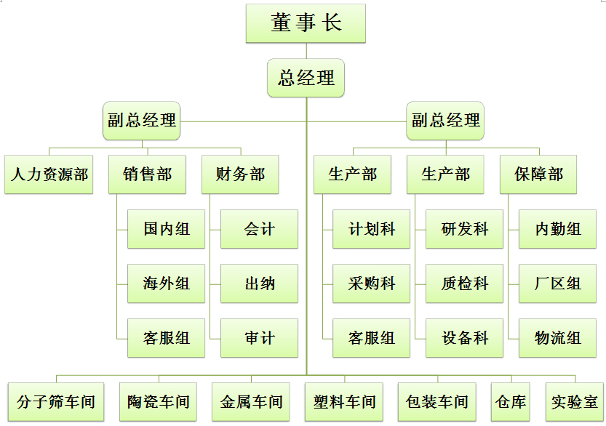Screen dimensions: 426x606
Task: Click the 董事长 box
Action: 306,23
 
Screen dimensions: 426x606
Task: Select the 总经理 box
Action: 306,77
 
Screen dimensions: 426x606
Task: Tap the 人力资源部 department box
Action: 49,174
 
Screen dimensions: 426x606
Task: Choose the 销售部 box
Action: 147,174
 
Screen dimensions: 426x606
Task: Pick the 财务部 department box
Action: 240,174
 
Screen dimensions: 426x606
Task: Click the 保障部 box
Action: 538,174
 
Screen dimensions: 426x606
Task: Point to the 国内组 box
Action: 166,229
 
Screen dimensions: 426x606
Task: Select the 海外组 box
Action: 166,284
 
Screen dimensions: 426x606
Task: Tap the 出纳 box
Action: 259,284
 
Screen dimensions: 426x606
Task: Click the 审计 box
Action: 259,338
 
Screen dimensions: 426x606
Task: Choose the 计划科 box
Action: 372,229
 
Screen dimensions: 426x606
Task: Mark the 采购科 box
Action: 372,284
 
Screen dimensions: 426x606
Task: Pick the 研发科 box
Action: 465,229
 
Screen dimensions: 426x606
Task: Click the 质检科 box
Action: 465,284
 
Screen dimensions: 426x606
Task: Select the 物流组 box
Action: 557,338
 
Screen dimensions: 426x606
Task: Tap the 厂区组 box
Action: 557,284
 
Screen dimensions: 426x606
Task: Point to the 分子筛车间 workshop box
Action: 56,401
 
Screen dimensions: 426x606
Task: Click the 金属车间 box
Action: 251,401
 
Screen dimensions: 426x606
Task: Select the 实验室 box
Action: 575,401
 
